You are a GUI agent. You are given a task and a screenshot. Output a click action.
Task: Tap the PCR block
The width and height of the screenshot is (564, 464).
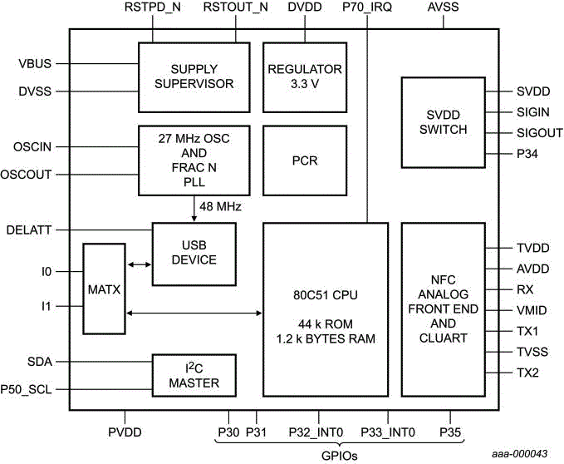305,160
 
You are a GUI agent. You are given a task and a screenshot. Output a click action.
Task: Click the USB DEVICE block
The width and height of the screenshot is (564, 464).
194,253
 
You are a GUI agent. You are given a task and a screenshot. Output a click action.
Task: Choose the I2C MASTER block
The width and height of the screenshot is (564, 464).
194,377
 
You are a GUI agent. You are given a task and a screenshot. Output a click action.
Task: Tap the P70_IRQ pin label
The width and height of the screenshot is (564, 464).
366,7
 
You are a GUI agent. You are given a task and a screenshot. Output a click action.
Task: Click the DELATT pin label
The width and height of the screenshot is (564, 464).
32,229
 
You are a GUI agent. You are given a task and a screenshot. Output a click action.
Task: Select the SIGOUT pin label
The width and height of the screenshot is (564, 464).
540,133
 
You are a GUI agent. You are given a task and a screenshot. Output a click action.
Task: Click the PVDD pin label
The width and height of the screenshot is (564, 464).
125,432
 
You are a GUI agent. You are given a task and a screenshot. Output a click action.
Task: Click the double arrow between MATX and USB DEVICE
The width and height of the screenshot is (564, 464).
138,265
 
